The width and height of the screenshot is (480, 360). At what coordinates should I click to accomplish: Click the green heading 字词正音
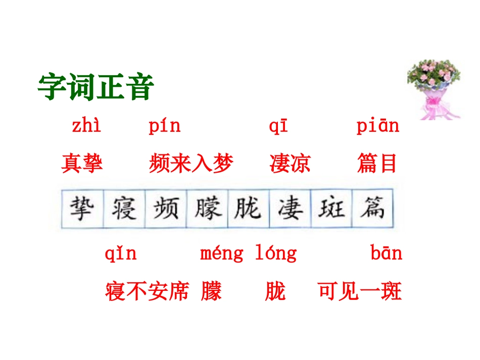[x=95, y=87]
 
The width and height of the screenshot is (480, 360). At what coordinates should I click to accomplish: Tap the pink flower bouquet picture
[x=434, y=89]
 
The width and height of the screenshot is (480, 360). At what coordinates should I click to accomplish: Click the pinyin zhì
[x=86, y=126]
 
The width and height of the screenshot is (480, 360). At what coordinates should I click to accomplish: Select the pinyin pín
[x=165, y=126]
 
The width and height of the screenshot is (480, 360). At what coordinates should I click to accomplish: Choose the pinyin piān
[x=377, y=126]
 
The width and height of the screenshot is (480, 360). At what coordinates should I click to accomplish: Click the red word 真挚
[x=82, y=164]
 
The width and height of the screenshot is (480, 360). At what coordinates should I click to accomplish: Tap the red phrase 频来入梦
[x=191, y=164]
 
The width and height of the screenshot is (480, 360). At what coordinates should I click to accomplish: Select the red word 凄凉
[x=290, y=164]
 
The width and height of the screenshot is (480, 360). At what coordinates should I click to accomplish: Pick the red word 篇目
[x=377, y=164]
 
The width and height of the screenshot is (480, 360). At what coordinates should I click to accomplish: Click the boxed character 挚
[x=82, y=209]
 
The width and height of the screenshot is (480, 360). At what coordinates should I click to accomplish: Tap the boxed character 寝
[x=124, y=209]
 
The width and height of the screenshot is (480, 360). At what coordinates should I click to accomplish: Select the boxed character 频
[x=165, y=209]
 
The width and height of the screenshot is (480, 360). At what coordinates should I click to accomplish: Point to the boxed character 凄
[x=290, y=209]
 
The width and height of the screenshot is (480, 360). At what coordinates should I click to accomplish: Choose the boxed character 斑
[x=331, y=209]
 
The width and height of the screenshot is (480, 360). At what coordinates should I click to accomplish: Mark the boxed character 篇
[x=372, y=209]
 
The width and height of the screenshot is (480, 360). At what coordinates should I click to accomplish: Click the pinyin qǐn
[x=121, y=253]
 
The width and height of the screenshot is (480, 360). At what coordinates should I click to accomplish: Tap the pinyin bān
[x=387, y=253]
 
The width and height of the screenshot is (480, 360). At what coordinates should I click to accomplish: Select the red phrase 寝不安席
[x=147, y=291]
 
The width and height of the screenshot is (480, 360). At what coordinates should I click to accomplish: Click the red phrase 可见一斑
[x=360, y=291]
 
